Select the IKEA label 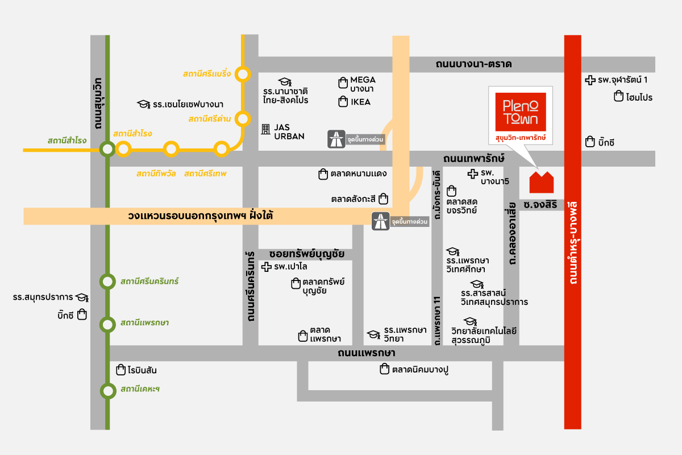tap(360, 102)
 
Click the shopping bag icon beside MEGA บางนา tap(343, 84)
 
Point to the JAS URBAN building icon tap(265, 130)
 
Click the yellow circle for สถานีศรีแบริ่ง tap(243, 74)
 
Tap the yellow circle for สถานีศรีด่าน tap(243, 119)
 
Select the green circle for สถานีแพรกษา tap(107, 325)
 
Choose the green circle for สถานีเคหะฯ tap(107, 391)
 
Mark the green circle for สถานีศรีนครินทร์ tap(107, 282)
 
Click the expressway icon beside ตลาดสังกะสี tap(380, 221)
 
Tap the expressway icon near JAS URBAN tap(336, 139)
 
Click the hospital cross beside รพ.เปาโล tap(266, 266)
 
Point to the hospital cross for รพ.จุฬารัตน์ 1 tap(590, 80)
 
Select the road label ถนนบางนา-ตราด tap(474, 64)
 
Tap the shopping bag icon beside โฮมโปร tap(618, 97)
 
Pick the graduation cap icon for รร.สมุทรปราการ tap(82, 297)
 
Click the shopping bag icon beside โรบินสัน tap(120, 370)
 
